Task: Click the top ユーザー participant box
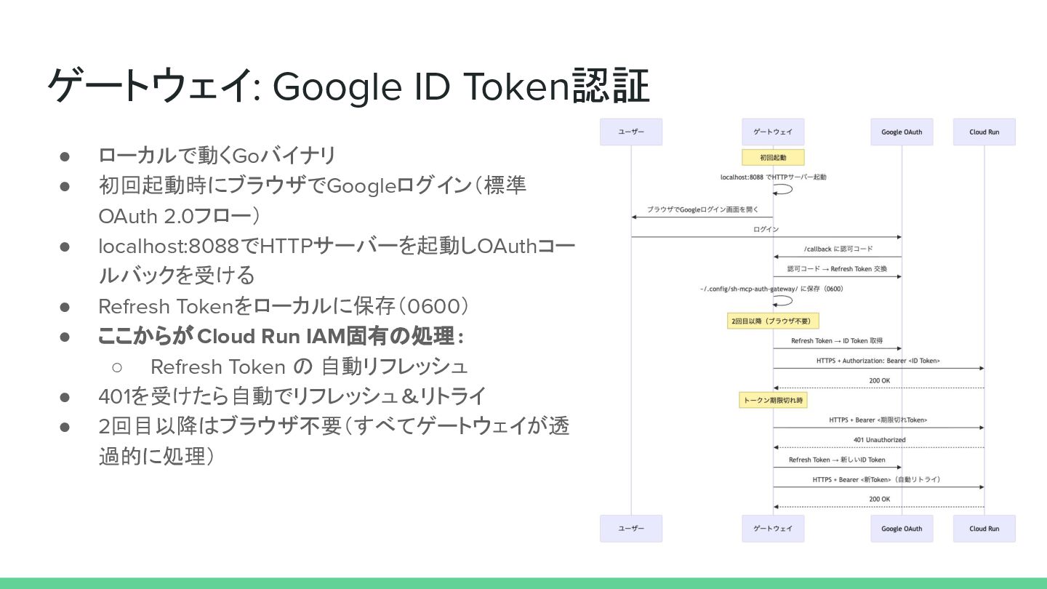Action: (630, 132)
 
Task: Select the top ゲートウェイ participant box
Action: (773, 132)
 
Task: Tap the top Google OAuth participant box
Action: (902, 132)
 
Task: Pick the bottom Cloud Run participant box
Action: (984, 529)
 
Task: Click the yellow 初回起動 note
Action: (773, 157)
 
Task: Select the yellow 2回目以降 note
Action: (773, 321)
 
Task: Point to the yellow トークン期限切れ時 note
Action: (773, 400)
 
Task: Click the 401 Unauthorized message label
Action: (879, 440)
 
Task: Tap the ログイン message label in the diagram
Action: (766, 230)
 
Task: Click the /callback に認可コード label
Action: (838, 249)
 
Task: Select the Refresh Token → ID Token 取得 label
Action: (836, 341)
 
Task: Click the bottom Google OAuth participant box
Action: (902, 529)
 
